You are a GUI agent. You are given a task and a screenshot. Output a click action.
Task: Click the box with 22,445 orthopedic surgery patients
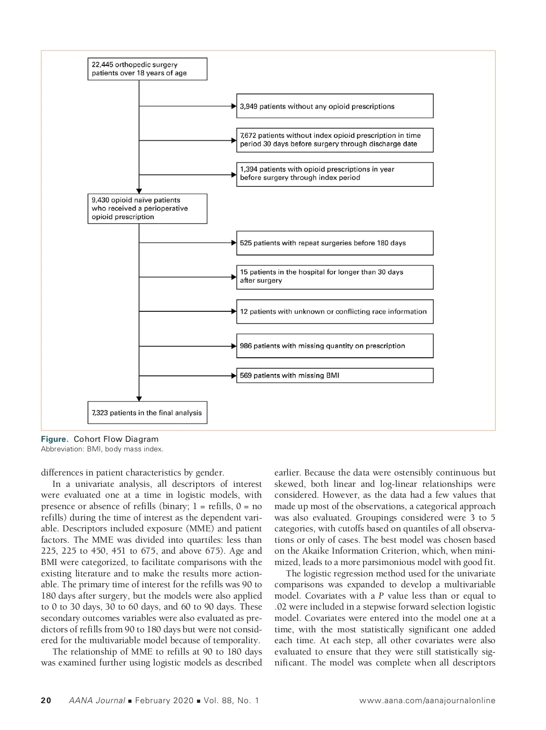pos(147,69)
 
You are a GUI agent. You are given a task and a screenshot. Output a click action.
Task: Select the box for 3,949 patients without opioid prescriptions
pos(334,106)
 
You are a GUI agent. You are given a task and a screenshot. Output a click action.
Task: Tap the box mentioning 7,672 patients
pos(334,140)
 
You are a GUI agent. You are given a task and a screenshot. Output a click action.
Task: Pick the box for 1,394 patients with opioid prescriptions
pos(334,174)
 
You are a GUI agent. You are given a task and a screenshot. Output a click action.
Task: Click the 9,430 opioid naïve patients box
pos(147,209)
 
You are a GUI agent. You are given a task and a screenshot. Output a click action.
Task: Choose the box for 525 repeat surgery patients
pos(334,243)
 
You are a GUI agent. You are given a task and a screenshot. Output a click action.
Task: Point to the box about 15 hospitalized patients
pos(334,277)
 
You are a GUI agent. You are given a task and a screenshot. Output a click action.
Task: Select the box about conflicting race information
pos(334,312)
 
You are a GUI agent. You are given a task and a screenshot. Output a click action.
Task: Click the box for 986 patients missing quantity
pos(334,346)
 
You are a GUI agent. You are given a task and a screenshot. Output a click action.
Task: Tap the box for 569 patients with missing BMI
pos(334,375)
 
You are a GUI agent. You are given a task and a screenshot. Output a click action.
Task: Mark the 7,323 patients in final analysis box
pos(147,413)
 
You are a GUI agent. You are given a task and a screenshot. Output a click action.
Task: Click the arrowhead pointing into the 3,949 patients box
pos(234,106)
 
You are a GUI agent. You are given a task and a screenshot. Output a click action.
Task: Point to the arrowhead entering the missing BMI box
pos(234,375)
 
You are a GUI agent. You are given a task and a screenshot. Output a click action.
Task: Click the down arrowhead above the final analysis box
pos(139,398)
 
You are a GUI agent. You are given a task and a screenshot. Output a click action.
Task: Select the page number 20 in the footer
pos(46,700)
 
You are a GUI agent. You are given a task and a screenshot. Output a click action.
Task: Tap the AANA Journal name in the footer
pos(96,700)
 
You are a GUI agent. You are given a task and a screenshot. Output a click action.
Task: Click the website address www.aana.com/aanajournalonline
pos(427,700)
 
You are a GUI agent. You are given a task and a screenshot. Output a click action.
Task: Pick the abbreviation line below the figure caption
pos(102,449)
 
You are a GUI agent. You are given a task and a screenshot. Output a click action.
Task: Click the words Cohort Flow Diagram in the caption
pos(116,439)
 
